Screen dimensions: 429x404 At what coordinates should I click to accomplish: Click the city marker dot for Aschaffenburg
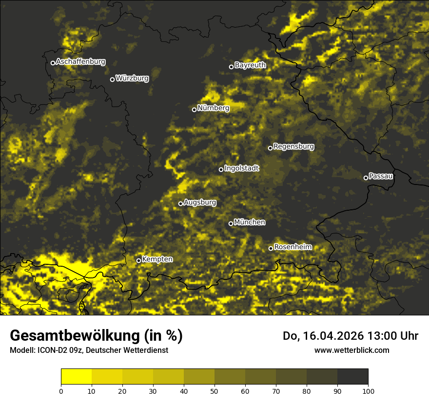coord(53,63)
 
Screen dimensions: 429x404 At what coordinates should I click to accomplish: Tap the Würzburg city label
coord(132,78)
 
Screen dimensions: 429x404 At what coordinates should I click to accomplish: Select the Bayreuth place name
coord(250,65)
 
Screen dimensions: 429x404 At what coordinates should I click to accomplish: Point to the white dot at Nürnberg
coord(194,110)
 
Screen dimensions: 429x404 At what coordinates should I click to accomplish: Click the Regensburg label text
coord(293,146)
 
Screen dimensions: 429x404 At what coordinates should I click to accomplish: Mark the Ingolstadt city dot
coord(221,169)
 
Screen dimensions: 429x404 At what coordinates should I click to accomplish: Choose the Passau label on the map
coord(381,176)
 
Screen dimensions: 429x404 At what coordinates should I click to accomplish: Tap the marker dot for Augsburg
coord(180,203)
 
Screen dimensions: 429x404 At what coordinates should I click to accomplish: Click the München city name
coord(250,222)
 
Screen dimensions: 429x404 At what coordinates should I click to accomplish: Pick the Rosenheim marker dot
coord(271,249)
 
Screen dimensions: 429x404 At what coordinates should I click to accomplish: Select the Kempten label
coord(157,259)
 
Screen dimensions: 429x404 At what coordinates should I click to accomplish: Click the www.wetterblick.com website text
coord(351,350)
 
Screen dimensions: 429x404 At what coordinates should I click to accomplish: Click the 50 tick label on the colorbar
coord(214,390)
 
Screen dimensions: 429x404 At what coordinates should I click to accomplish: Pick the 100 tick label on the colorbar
coord(368,390)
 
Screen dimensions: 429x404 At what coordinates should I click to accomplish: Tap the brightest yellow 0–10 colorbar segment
coord(77,377)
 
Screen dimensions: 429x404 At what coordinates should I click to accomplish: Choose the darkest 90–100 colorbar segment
coord(352,377)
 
